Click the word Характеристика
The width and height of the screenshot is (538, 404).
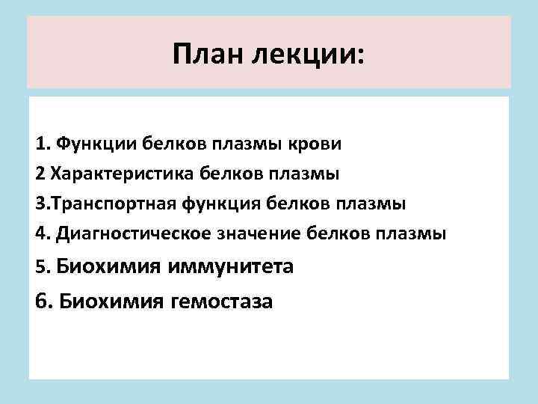123,174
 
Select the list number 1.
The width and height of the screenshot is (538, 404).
40,143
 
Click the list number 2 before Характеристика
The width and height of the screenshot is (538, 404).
39,174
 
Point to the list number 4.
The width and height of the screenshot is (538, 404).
40,233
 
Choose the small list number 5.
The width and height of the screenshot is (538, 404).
40,267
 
